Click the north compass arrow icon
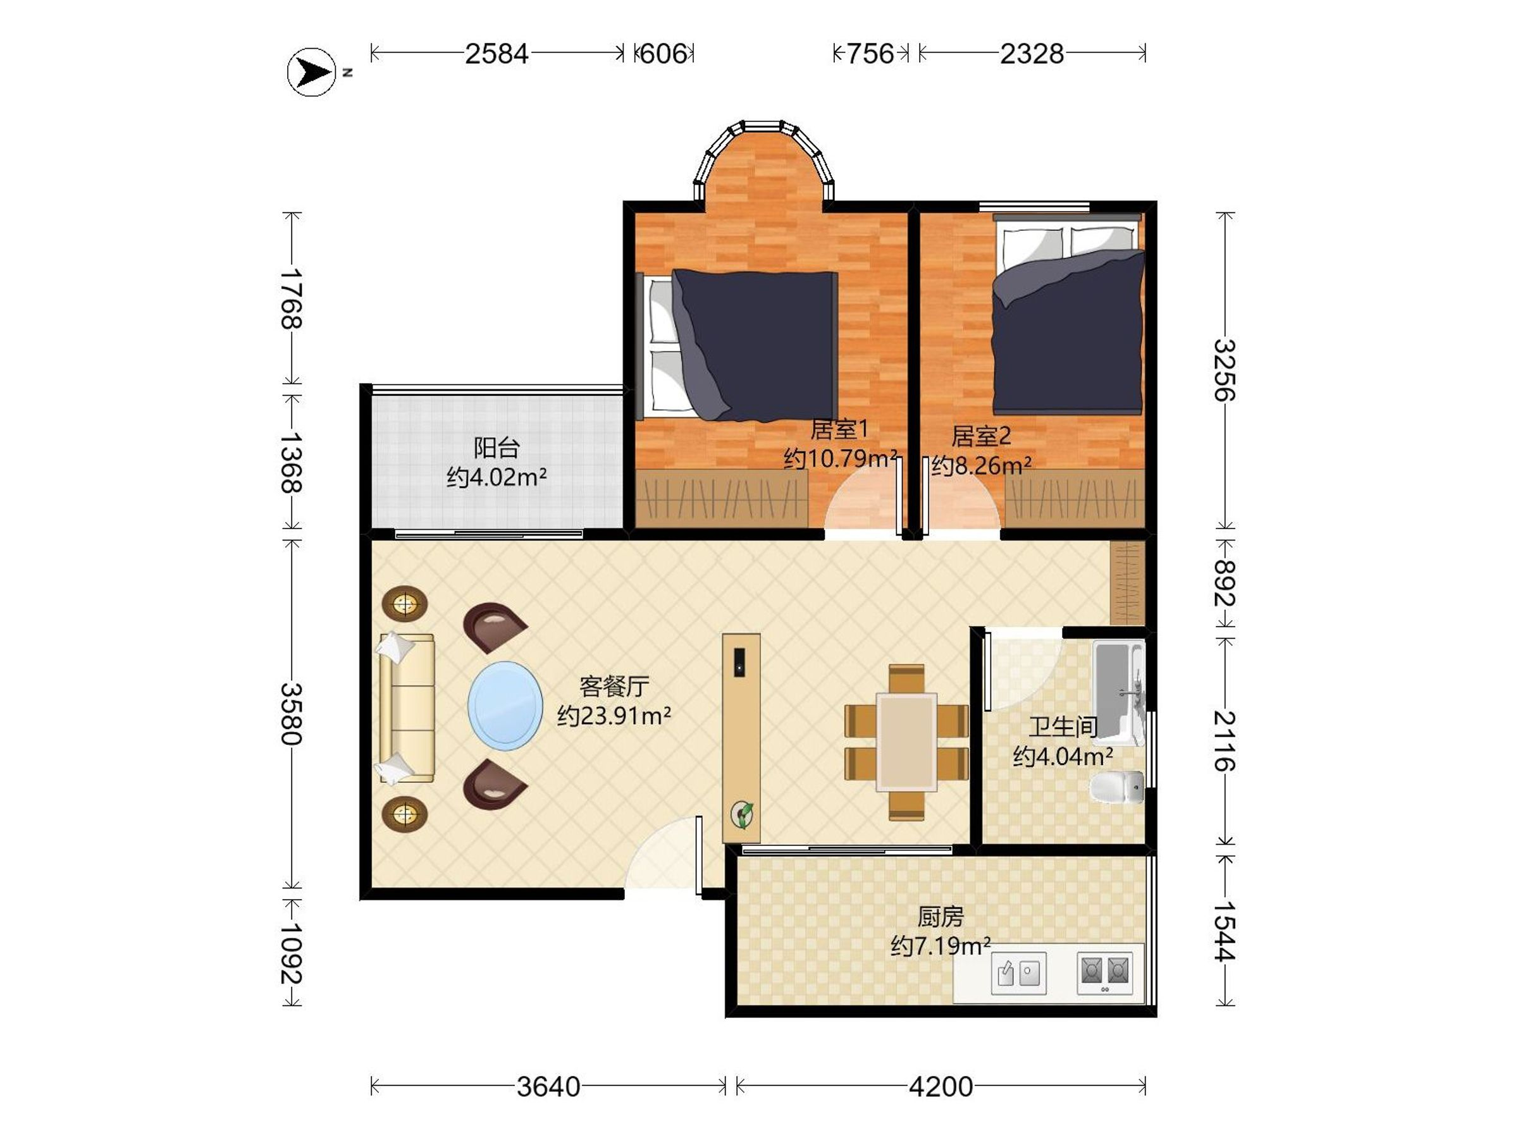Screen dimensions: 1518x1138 [312, 72]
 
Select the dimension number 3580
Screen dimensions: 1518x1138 [291, 713]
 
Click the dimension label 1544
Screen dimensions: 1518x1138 [1225, 931]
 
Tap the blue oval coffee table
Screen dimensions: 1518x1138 [505, 706]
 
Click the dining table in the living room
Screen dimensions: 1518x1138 [906, 742]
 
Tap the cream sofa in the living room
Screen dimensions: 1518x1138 [407, 708]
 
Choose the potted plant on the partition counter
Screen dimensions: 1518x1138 [742, 814]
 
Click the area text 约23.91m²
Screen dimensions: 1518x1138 [614, 716]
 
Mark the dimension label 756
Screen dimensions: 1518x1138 [870, 54]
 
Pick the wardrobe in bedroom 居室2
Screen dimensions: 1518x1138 [1075, 499]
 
